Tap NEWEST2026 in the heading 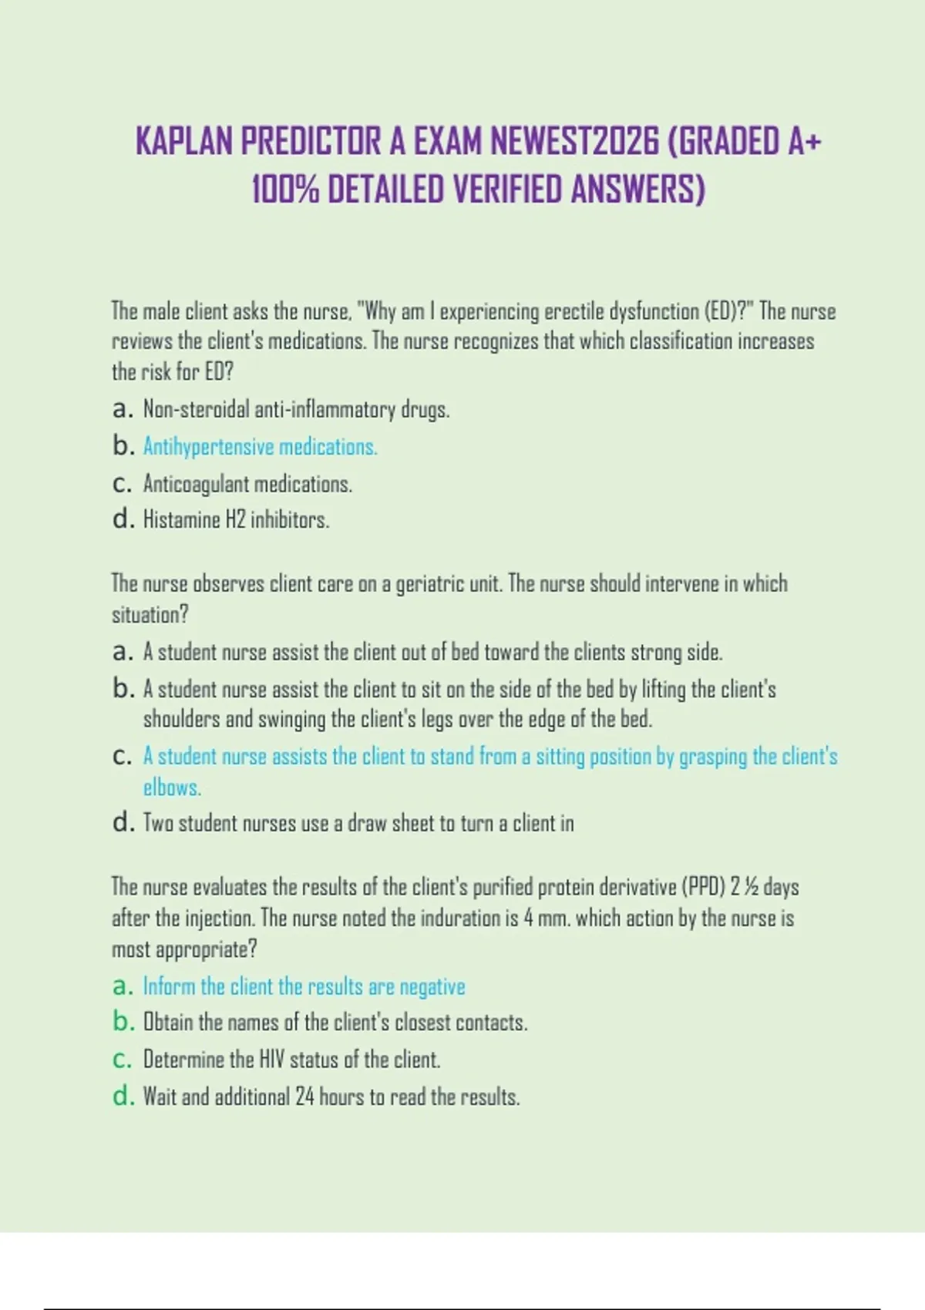pos(575,141)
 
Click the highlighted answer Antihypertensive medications pos(260,447)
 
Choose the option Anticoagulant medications pos(247,485)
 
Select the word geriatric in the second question pos(426,584)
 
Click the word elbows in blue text pos(171,788)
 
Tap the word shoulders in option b pos(180,719)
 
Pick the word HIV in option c pos(271,1060)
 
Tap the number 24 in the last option pos(304,1097)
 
